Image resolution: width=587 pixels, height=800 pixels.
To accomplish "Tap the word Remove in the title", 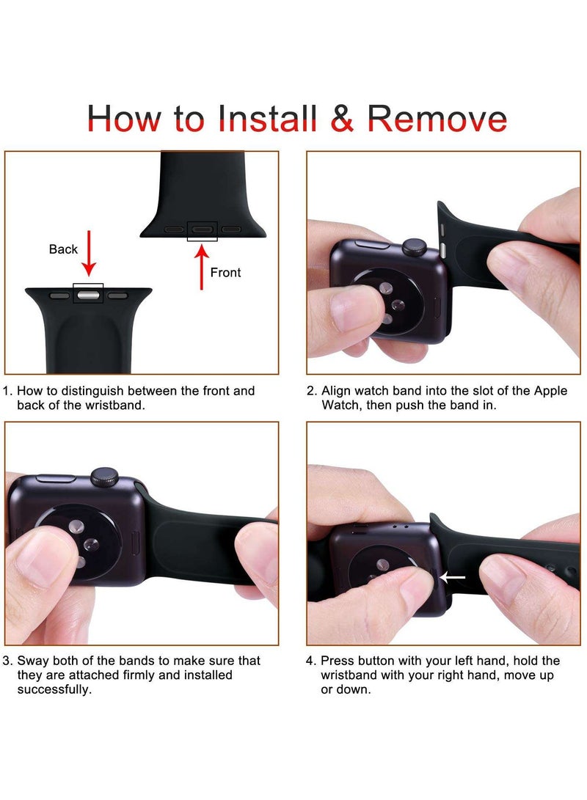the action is (437, 118).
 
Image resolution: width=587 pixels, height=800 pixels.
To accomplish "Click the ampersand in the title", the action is (342, 118).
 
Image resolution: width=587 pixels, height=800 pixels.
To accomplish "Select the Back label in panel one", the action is (63, 249).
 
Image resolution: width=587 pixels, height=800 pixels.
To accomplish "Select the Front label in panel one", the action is (225, 273).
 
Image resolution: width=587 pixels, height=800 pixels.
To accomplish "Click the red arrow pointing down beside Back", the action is (89, 253).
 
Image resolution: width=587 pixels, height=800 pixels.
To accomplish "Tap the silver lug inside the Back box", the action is (88, 295).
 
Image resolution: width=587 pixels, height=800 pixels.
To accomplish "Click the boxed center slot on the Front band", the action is (202, 230).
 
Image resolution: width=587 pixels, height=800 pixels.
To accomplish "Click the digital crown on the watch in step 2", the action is (415, 246).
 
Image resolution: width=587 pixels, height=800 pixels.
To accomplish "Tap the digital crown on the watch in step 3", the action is (105, 477).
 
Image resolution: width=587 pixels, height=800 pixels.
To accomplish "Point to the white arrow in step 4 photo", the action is (452, 578).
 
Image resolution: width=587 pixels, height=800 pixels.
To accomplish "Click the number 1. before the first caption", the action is (7, 391).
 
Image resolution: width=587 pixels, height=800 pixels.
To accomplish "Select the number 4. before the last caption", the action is (311, 661).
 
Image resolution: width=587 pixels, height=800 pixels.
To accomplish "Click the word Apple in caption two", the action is (550, 392).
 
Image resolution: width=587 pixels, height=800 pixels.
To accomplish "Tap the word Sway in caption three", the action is (33, 661).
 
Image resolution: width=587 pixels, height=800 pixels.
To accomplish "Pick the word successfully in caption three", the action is (54, 690).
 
